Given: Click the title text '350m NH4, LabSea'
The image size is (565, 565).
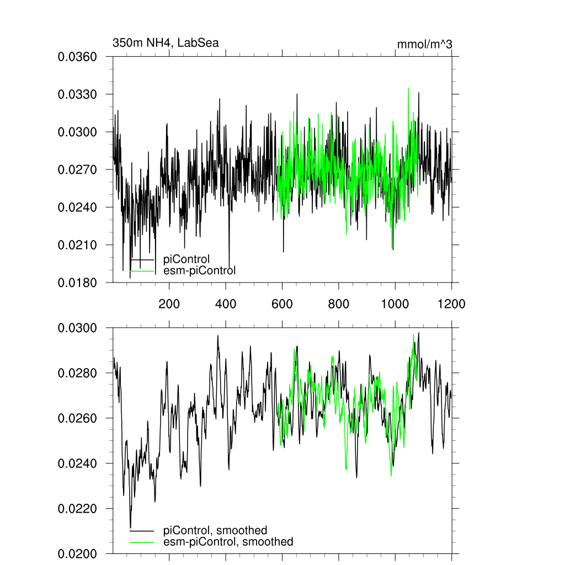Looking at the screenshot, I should (166, 42).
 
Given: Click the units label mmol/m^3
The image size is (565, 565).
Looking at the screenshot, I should (424, 44).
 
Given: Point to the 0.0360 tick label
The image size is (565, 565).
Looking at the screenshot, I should (78, 57).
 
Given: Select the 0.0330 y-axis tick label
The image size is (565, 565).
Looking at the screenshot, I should (78, 94).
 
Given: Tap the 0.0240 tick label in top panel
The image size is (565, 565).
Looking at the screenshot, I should (78, 207).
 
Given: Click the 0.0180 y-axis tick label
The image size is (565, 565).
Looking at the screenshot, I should (78, 282).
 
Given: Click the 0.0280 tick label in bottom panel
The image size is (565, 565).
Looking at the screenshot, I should (78, 373).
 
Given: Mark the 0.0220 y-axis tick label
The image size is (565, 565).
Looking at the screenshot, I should (78, 508).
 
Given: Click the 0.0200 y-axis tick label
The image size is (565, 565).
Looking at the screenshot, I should (78, 553).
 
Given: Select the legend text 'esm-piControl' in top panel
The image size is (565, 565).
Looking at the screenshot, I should (200, 270).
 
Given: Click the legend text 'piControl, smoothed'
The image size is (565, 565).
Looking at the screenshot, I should (215, 530).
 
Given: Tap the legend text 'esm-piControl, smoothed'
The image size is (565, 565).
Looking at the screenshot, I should (228, 542).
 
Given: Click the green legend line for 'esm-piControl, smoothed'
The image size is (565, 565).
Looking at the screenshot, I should (142, 542).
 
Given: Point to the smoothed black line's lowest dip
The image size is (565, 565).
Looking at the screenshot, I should (130, 527).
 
